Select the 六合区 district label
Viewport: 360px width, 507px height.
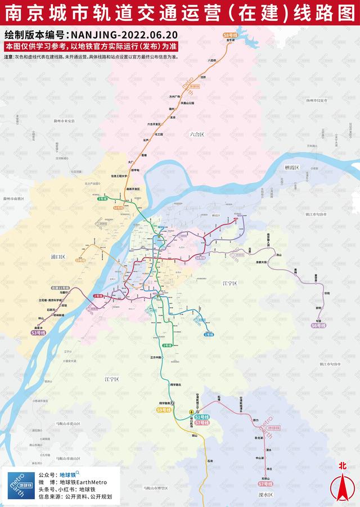pos(197,134)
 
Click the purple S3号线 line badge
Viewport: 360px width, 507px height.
pos(39,333)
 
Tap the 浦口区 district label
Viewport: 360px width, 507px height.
pos(58,257)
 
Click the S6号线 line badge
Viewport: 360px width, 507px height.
pos(318,325)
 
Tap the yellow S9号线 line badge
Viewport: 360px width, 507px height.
pos(164,410)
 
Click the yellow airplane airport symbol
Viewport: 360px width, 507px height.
pos(191,412)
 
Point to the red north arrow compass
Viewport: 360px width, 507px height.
pos(341,481)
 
